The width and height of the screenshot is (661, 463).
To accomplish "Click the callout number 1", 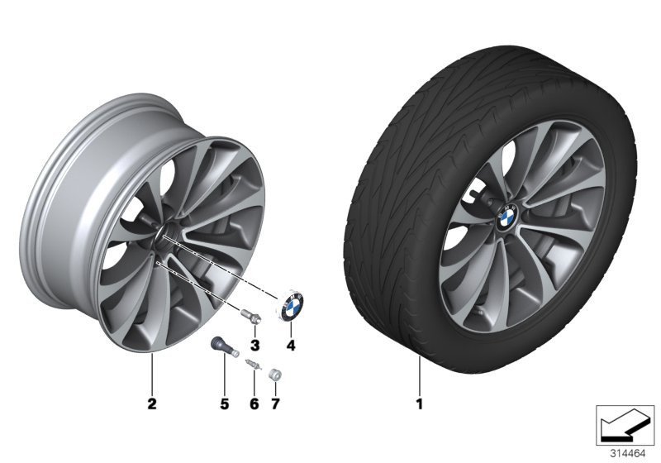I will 419,404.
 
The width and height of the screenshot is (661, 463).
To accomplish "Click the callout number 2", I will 150,404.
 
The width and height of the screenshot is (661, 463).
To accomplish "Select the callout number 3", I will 254,343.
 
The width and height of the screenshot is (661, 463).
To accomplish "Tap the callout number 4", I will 290,343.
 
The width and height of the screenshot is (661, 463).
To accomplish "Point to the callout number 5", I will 222,404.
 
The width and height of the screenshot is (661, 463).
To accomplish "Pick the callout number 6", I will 254,404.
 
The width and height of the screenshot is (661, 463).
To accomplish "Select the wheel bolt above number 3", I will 251,317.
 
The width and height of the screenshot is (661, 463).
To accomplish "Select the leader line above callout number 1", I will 419,376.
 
